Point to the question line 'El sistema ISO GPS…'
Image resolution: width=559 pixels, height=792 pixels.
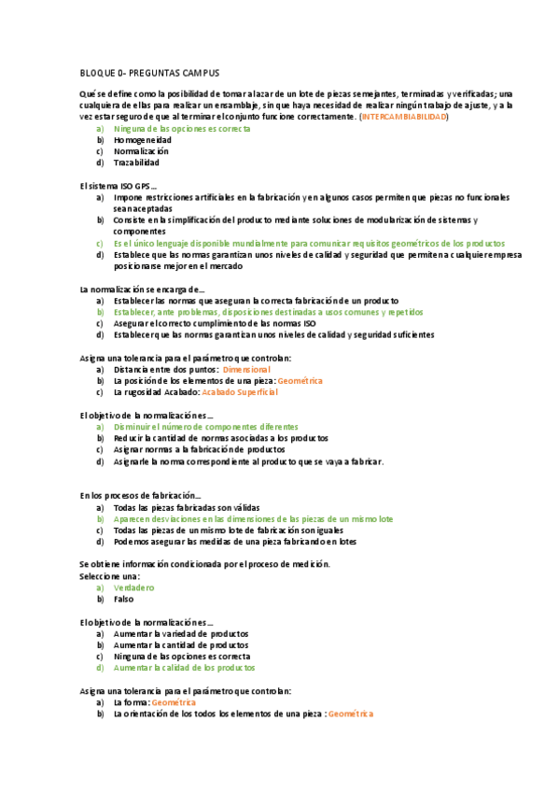119,186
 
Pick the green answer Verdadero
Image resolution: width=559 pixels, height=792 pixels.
133,587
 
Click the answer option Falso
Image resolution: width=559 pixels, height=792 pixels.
124,599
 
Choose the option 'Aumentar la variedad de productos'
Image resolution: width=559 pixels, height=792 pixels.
179,633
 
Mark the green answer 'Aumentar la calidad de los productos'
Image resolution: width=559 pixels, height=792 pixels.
183,668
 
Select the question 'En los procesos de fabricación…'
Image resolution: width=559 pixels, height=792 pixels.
140,495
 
